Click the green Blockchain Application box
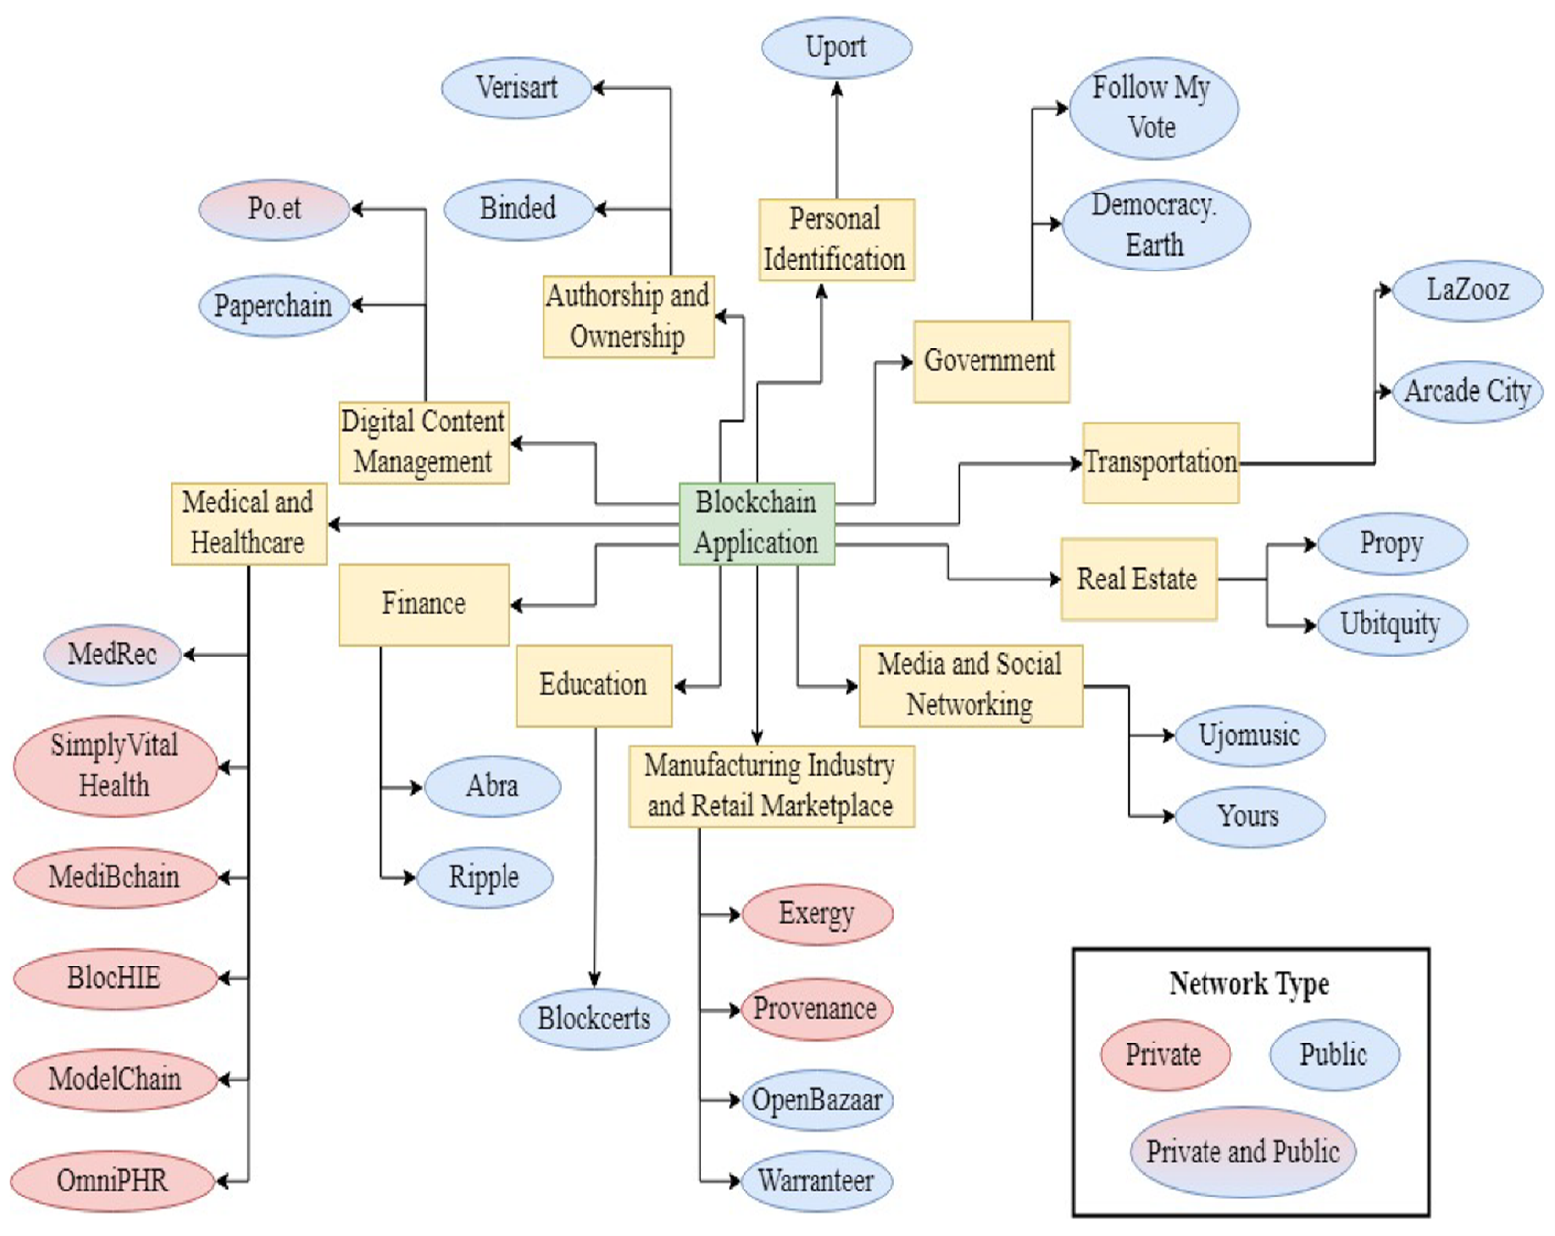(x=756, y=523)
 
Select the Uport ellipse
(x=837, y=47)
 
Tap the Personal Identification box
(x=837, y=240)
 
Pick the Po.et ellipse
(x=274, y=209)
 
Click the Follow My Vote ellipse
(x=1153, y=109)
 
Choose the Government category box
(x=991, y=361)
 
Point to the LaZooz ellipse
(x=1467, y=290)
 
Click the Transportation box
(x=1160, y=463)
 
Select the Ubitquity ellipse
(x=1392, y=625)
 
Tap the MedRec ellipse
(x=113, y=655)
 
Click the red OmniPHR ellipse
(x=113, y=1181)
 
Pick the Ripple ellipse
(x=484, y=878)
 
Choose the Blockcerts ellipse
(x=594, y=1019)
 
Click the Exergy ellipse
(x=817, y=914)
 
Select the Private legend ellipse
(x=1165, y=1054)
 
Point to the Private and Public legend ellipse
(x=1243, y=1152)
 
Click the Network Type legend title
(x=1249, y=983)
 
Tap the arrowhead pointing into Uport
(x=837, y=88)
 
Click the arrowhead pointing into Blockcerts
(x=594, y=980)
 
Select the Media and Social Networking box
(x=971, y=685)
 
